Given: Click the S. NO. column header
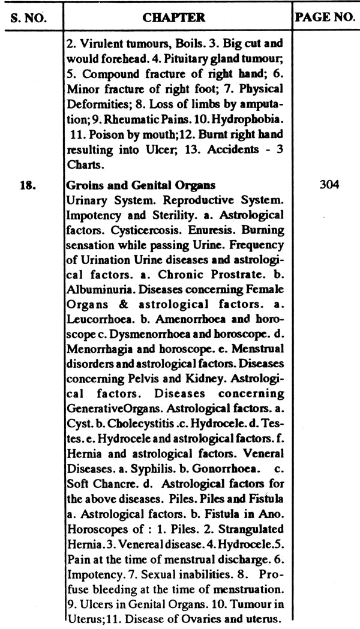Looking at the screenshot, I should click(31, 17).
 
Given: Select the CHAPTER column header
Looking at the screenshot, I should click(174, 17).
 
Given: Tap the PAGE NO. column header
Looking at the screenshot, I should click(325, 17).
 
